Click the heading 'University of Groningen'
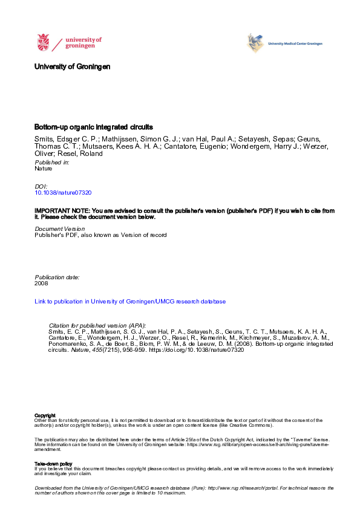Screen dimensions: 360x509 73,66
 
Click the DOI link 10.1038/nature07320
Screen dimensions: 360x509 64,192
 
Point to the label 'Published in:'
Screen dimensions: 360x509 52,163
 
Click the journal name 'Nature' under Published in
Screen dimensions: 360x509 44,169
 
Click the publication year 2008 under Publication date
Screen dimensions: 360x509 42,282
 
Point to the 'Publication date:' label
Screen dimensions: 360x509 57,276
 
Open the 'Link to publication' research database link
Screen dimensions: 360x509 130,301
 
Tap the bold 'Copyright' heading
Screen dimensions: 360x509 45,415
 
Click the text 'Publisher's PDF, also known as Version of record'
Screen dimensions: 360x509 100,235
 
